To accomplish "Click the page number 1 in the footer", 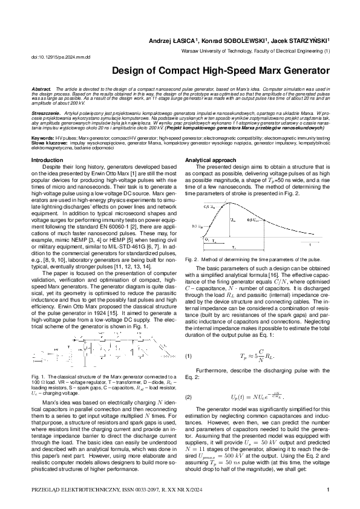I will click(x=327, y=490).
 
